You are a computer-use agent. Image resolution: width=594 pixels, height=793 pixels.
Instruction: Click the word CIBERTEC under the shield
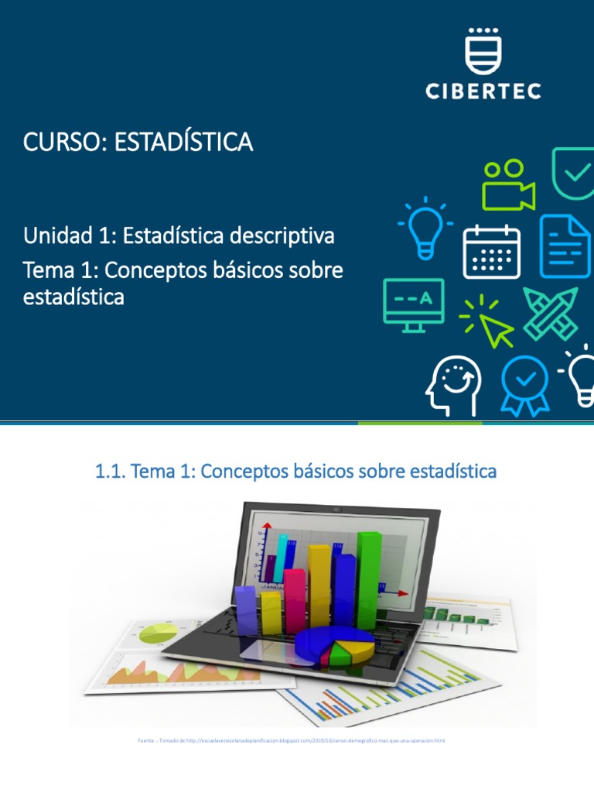point(483,91)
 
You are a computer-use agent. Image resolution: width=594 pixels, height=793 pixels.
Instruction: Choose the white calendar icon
point(491,250)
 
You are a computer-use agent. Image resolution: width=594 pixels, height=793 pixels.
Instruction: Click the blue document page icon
point(565,245)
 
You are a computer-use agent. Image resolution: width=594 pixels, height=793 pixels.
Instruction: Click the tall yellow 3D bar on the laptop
point(319,586)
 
